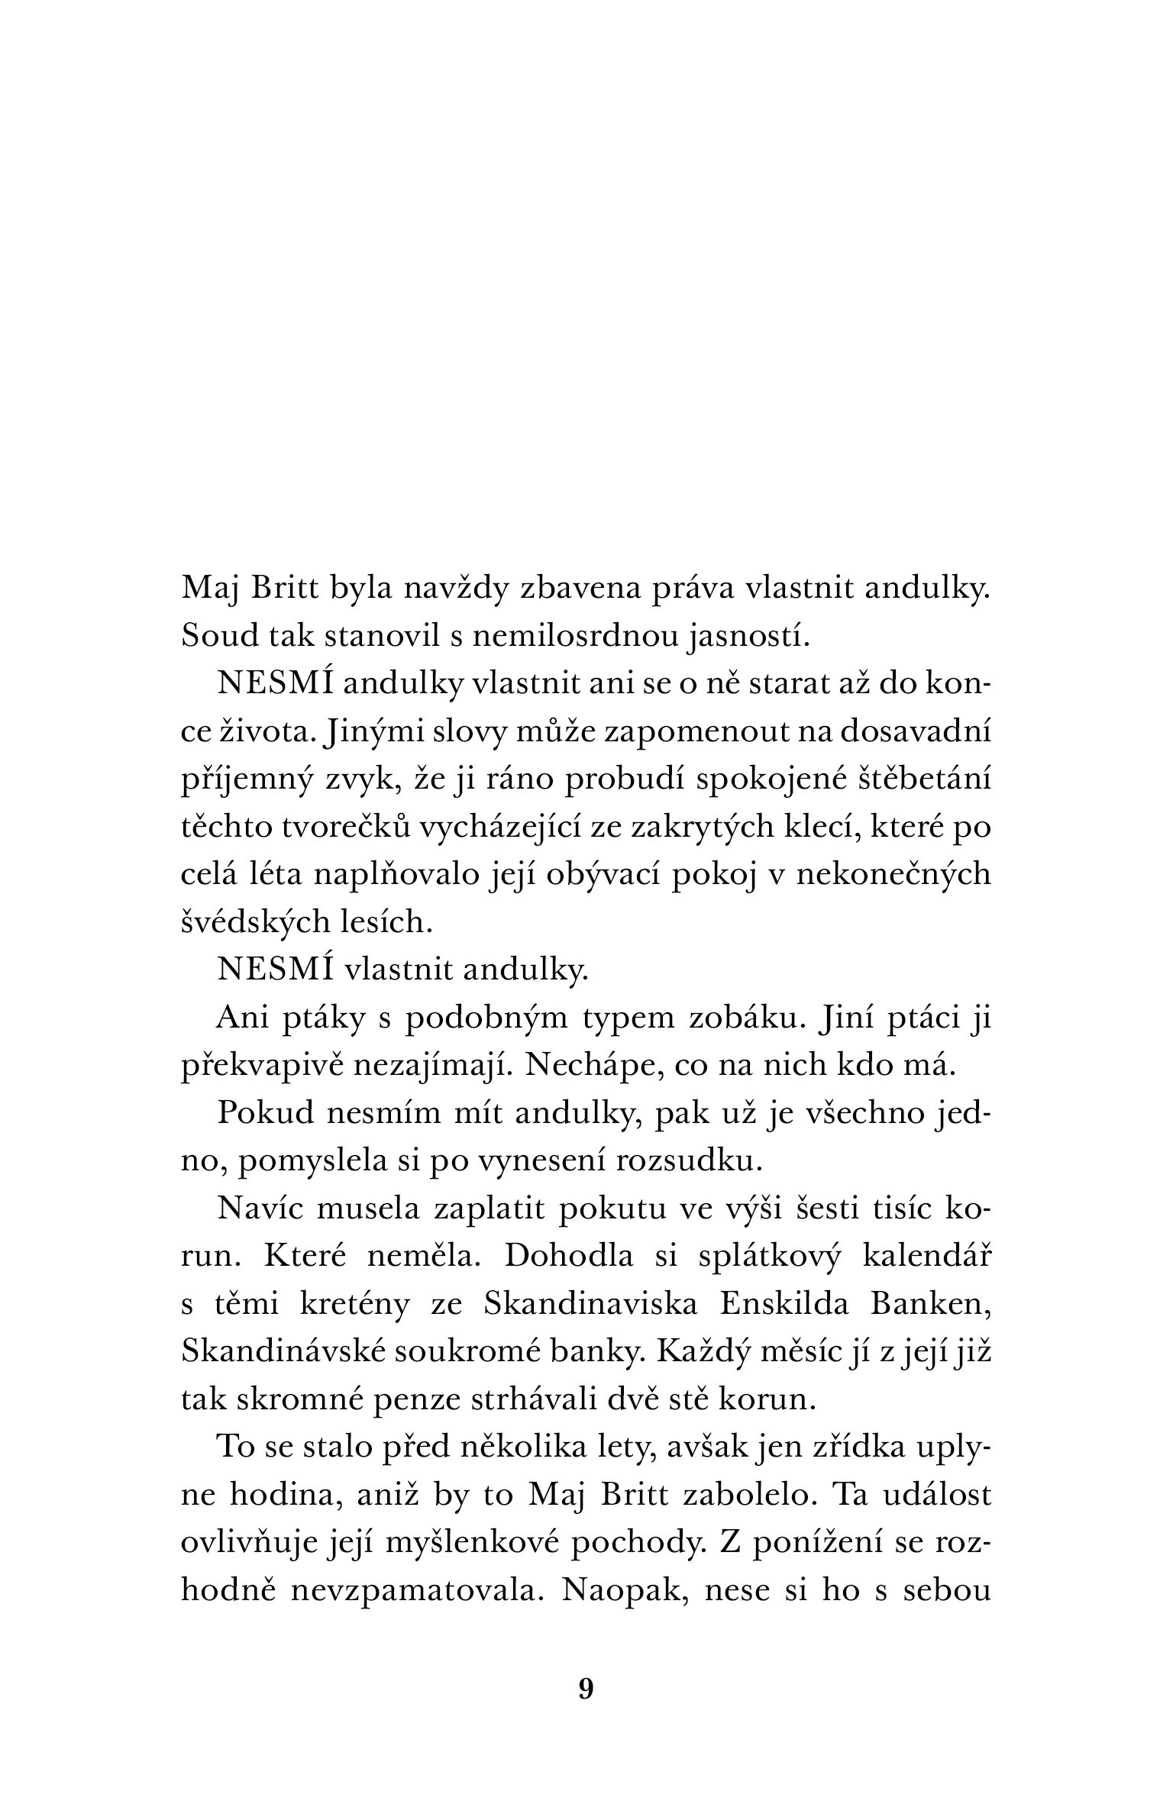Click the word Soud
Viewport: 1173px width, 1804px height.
214,635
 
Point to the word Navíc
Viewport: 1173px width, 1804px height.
260,1209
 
